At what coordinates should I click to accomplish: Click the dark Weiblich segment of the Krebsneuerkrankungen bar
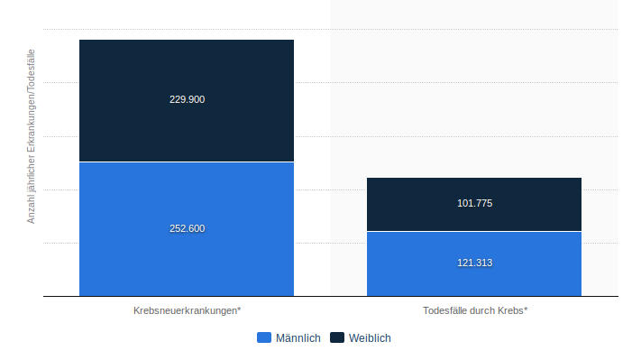coord(187,100)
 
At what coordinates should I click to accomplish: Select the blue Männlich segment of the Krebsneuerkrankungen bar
coord(187,229)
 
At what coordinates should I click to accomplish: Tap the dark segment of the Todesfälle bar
coord(474,204)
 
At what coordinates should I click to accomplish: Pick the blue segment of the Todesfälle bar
coord(474,264)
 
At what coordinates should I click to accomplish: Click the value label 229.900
coord(187,99)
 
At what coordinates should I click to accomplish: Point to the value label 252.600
coord(187,228)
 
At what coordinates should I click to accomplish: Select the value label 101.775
coord(475,203)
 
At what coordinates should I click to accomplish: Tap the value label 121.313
coord(475,263)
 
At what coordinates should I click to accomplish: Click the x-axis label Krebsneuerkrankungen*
coord(187,310)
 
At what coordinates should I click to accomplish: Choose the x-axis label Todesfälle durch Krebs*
coord(475,310)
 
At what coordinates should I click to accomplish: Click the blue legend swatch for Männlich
coord(264,337)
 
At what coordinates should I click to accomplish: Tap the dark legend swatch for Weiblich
coord(337,337)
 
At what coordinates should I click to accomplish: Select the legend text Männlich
coord(298,337)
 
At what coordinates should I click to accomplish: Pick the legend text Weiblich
coord(370,337)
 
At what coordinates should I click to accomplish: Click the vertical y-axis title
coord(31,136)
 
